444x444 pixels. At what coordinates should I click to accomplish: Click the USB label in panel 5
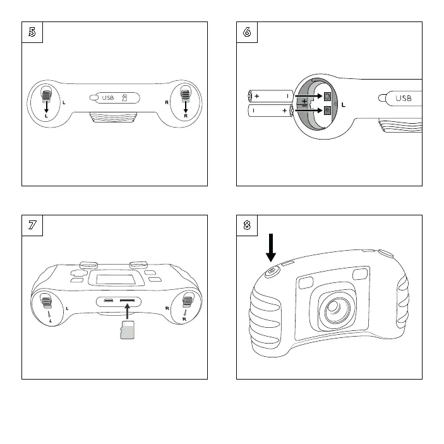[107, 98]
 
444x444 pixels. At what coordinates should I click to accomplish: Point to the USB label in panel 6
[403, 99]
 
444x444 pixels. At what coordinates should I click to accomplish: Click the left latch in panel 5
[46, 96]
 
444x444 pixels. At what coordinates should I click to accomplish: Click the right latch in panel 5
[185, 96]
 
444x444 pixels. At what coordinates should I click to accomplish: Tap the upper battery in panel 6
[270, 96]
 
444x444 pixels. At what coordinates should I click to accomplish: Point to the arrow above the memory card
[128, 311]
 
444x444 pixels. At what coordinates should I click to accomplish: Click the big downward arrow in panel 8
[271, 246]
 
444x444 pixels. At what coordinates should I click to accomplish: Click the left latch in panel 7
[45, 303]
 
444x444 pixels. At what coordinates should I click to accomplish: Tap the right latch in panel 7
[186, 303]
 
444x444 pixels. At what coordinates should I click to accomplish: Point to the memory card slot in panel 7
[129, 301]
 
